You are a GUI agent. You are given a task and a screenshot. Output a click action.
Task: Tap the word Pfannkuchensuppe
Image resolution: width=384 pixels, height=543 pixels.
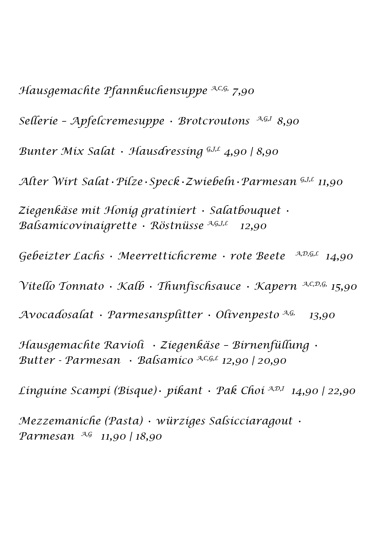[155, 91]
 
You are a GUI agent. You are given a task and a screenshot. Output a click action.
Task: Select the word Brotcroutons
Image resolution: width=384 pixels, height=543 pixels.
[214, 121]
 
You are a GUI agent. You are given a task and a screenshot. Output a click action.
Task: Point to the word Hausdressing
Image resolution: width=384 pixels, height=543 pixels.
[166, 152]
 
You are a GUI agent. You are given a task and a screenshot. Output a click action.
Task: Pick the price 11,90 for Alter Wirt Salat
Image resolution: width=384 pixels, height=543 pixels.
[330, 182]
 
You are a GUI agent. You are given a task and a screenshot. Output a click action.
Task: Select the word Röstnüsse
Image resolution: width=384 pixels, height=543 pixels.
[177, 226]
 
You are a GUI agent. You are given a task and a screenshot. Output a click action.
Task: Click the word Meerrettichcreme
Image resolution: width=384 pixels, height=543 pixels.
[167, 256]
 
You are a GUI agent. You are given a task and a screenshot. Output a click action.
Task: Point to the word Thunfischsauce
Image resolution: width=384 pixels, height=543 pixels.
[199, 286]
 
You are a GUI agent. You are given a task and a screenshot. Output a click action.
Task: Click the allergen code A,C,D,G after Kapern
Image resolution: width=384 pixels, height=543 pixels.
[314, 284]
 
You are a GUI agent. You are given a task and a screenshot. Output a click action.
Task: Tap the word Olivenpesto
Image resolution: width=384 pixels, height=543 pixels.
[247, 315]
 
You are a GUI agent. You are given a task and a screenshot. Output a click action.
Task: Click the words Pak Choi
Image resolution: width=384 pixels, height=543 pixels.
[240, 391]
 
